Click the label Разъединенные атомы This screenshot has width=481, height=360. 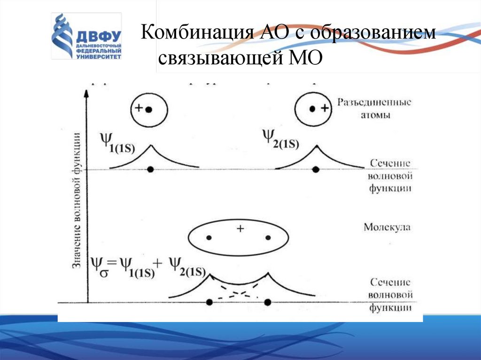(373, 108)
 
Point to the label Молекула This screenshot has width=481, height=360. (387, 228)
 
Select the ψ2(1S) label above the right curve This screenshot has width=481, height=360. (280, 138)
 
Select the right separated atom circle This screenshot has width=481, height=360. (313, 109)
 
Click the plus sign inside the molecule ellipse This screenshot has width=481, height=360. (240, 229)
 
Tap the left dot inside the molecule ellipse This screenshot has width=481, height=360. (209, 237)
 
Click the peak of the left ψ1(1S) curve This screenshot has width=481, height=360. (150, 146)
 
